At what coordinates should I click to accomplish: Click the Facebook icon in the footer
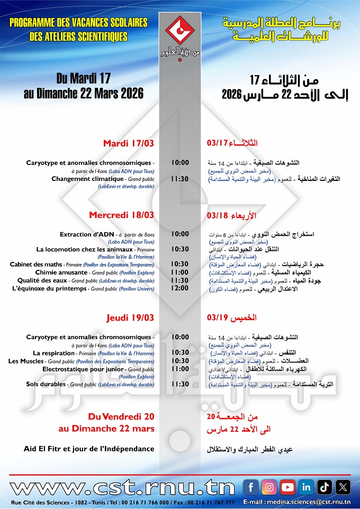tap(251, 487)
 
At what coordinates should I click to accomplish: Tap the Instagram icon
tap(269, 487)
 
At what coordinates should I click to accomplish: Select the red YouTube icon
tap(287, 487)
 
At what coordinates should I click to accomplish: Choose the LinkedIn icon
tap(306, 487)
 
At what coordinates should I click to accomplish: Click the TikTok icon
tap(325, 487)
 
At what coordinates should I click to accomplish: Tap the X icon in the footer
tap(343, 487)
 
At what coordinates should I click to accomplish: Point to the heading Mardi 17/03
tap(129, 143)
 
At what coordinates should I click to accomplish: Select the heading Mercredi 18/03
tap(121, 215)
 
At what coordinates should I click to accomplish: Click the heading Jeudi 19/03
tap(130, 317)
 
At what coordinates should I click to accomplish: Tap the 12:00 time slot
tap(180, 288)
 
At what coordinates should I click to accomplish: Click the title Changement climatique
tap(87, 179)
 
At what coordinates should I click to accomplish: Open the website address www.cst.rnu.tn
tap(122, 487)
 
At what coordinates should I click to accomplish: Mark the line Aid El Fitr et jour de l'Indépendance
tap(89, 449)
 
